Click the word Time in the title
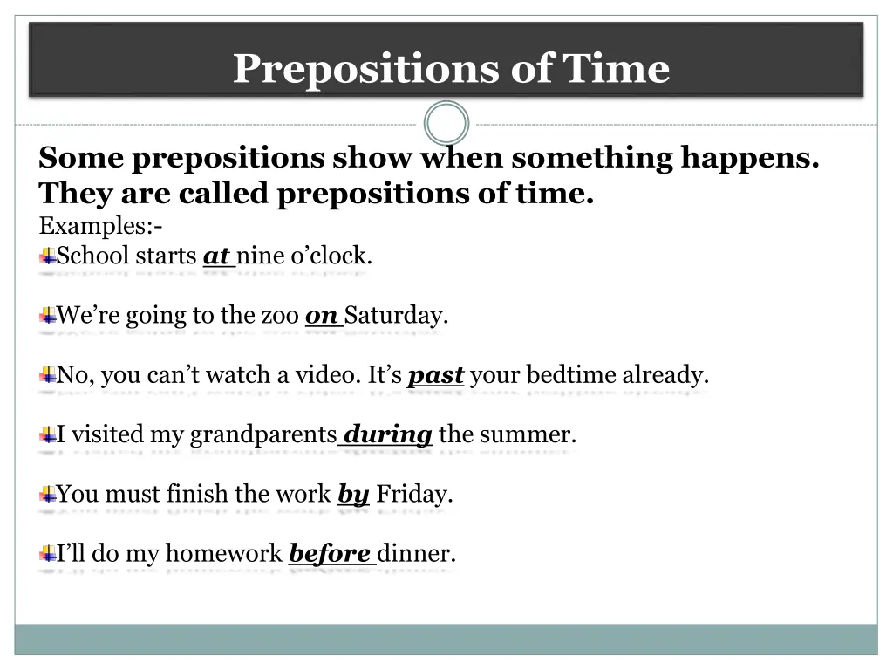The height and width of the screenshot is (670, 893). pos(617,69)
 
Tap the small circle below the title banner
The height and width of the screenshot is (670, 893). pos(446,124)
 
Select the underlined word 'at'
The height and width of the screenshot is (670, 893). pos(215,256)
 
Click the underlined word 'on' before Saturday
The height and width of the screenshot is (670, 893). pos(322,316)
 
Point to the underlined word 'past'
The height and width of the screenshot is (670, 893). pos(436,376)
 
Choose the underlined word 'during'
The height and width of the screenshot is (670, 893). pos(388,434)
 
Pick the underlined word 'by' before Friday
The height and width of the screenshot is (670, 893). pos(353,495)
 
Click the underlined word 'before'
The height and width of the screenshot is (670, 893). pos(330,554)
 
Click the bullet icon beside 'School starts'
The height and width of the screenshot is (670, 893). pos(47,256)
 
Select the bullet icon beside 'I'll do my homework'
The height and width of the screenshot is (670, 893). pos(47,554)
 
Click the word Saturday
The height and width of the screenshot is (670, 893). pos(397,316)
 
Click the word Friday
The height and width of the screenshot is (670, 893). pos(414,495)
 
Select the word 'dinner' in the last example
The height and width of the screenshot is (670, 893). pos(416,554)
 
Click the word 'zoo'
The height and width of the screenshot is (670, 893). pos(280,316)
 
